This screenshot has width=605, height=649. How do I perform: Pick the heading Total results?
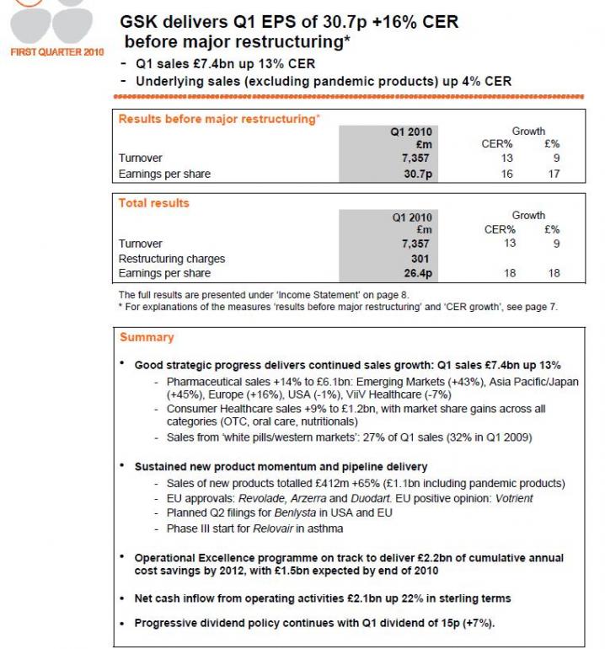(x=154, y=203)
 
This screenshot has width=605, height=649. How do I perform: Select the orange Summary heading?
(x=147, y=337)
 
